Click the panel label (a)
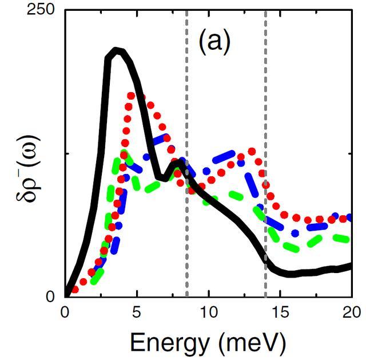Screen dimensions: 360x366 point(214,42)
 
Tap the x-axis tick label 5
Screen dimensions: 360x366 point(137,313)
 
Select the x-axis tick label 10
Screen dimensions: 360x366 point(208,313)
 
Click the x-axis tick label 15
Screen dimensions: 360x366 point(280,313)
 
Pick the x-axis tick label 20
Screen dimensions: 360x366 point(351,313)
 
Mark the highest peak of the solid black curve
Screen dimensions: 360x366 point(117,50)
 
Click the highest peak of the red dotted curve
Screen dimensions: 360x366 point(132,95)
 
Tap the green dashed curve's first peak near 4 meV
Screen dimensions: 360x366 point(122,156)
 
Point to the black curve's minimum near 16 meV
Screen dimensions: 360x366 point(292,274)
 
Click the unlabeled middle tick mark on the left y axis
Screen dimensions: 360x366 point(67,153)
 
